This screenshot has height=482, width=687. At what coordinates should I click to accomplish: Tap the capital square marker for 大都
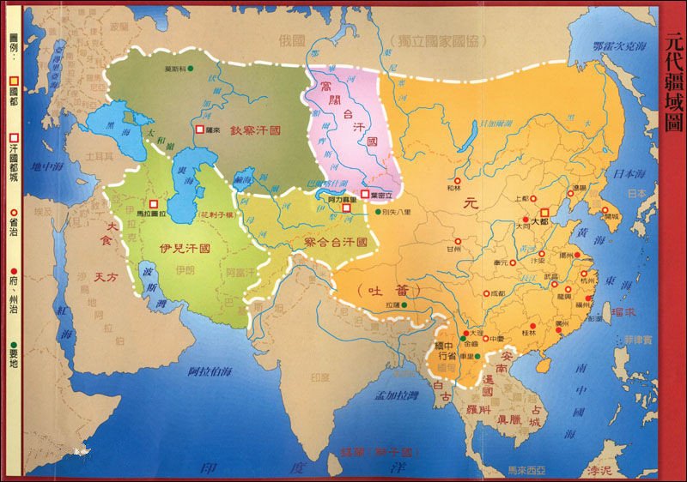[544, 210]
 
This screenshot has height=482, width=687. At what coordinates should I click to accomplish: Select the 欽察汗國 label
[256, 130]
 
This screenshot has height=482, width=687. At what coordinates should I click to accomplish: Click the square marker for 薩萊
[199, 130]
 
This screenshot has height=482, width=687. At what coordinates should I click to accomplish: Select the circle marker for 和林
[457, 180]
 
